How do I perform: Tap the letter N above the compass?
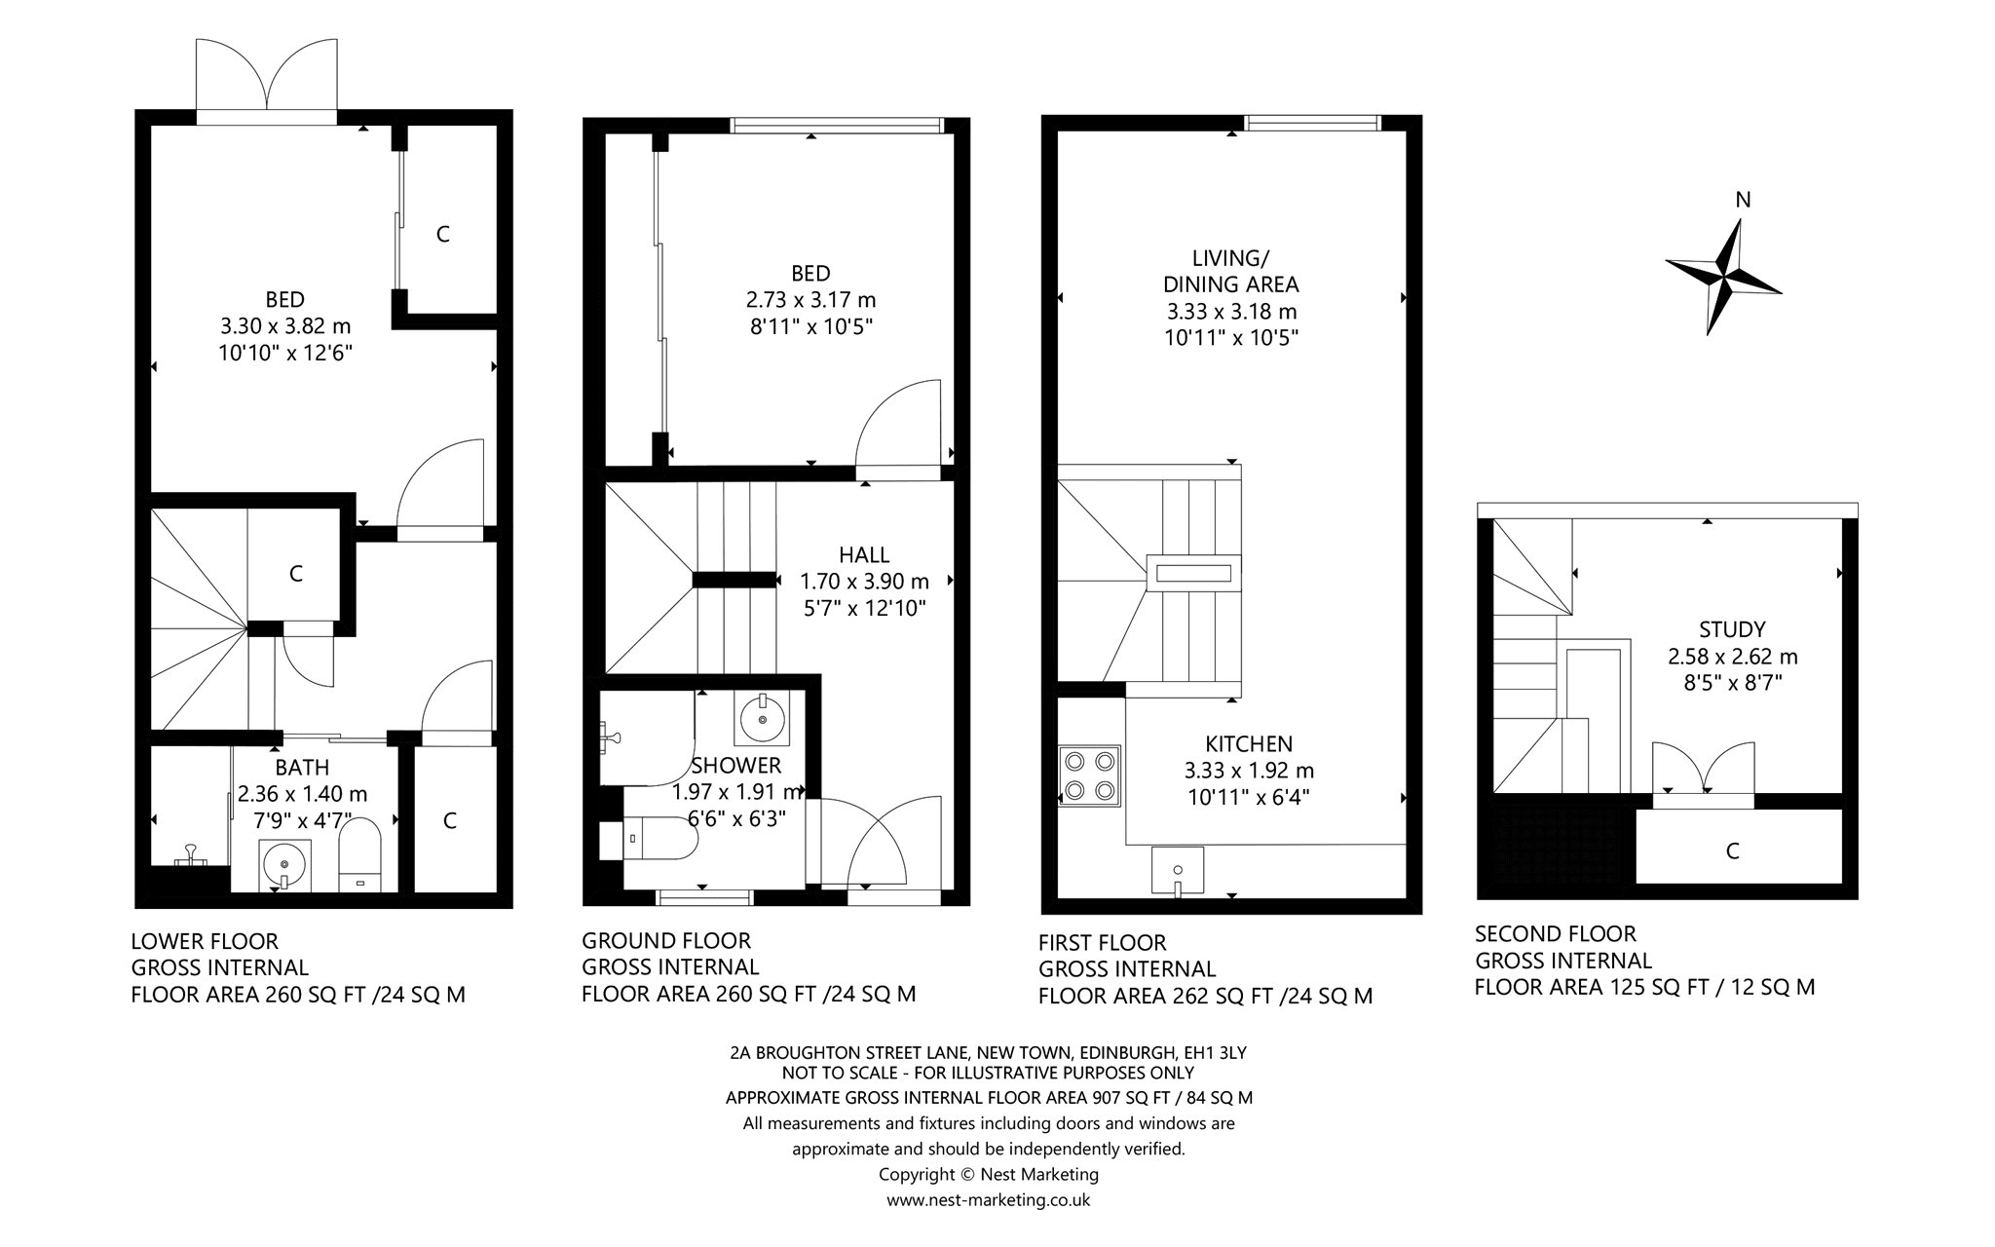(x=1744, y=200)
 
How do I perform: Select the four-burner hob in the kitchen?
(x=1090, y=775)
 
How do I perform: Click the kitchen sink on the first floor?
(x=1178, y=870)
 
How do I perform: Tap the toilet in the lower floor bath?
(x=361, y=854)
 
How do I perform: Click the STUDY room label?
(x=1732, y=629)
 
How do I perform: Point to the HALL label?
(x=864, y=554)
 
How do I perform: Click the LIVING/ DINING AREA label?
(x=1231, y=271)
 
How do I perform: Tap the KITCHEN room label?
(x=1234, y=744)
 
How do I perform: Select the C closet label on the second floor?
(x=1732, y=851)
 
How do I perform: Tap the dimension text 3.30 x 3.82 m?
(x=285, y=325)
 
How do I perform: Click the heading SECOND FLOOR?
(x=1556, y=933)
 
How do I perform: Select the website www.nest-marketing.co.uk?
(x=988, y=1200)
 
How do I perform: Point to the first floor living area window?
(x=1313, y=123)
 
